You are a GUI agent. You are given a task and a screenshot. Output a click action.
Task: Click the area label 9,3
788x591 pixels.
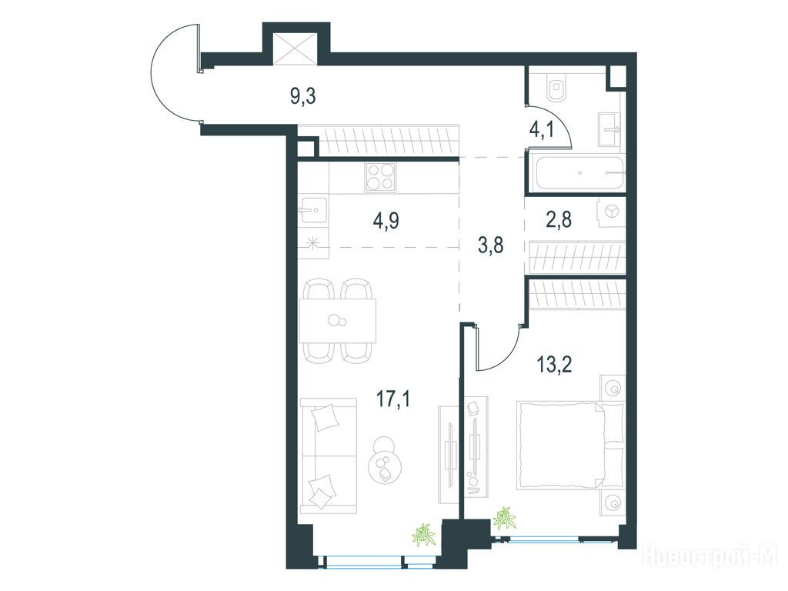pyautogui.click(x=303, y=95)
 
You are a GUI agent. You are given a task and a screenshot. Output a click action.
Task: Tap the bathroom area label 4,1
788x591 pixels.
pyautogui.click(x=541, y=129)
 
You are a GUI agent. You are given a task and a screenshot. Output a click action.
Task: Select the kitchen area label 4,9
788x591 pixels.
pyautogui.click(x=386, y=220)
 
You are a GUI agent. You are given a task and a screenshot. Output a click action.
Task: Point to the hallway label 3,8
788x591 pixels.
pyautogui.click(x=490, y=246)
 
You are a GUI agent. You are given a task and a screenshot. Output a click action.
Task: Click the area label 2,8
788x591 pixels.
pyautogui.click(x=559, y=219)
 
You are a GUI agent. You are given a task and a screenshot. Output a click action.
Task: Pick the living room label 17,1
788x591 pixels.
pyautogui.click(x=393, y=400)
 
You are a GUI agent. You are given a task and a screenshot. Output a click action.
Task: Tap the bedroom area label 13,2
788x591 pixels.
pyautogui.click(x=554, y=364)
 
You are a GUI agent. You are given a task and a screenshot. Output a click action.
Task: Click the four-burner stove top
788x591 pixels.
pyautogui.click(x=379, y=178)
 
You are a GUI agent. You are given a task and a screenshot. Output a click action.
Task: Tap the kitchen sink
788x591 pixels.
pyautogui.click(x=314, y=210)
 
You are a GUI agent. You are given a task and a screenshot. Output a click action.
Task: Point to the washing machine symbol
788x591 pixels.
pyautogui.click(x=612, y=211)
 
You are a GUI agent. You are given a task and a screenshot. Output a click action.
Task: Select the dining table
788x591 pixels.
pyautogui.click(x=338, y=321)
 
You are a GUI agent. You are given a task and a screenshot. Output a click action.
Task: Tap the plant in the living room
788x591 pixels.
pyautogui.click(x=423, y=535)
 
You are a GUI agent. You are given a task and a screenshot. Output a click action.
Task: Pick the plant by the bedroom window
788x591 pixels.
pyautogui.click(x=504, y=519)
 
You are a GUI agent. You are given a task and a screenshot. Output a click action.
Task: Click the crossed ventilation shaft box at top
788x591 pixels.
pyautogui.click(x=295, y=48)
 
